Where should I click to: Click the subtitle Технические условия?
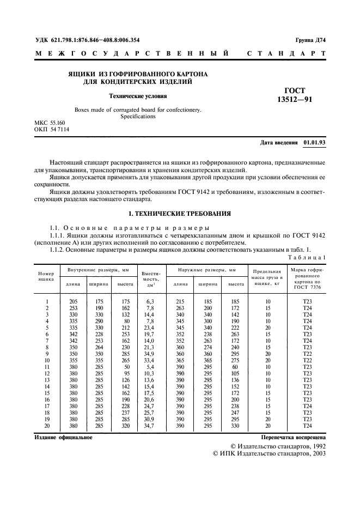tap(138, 96)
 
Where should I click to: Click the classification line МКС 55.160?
tap(52, 124)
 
